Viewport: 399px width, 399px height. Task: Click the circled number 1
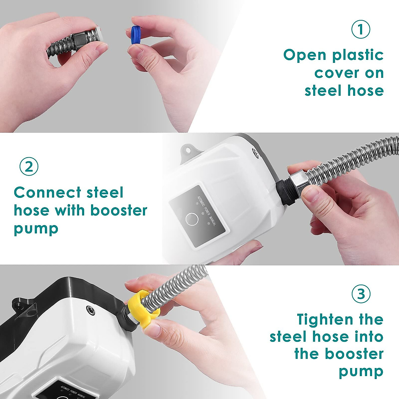[361, 29]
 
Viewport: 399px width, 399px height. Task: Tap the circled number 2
[29, 166]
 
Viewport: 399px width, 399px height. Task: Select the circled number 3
[361, 294]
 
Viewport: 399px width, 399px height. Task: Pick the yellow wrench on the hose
[145, 308]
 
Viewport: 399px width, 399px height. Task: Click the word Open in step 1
[305, 56]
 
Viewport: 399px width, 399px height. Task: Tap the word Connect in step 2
[48, 193]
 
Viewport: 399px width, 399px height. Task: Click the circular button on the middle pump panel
[192, 219]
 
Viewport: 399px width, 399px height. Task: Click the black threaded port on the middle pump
[283, 192]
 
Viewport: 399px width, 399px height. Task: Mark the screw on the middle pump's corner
[255, 153]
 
